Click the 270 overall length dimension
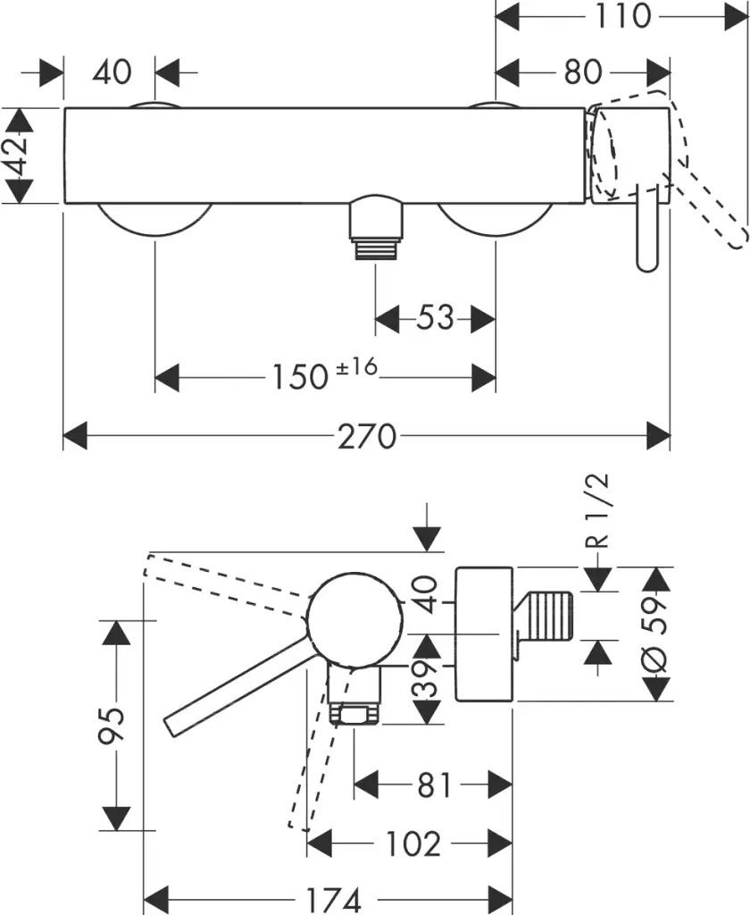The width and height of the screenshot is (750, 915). [x=366, y=437]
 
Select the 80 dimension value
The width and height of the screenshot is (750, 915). [x=583, y=71]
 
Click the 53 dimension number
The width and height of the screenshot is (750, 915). [x=435, y=317]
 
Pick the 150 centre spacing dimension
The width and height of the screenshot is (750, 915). [x=298, y=377]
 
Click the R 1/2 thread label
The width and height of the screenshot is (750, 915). [x=601, y=510]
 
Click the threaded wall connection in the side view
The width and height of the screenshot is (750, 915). [x=546, y=617]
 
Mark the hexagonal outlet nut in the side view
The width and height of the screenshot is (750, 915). [x=355, y=716]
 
